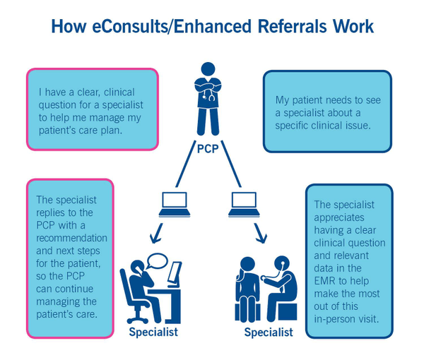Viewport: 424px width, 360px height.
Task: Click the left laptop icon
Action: point(174,204)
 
